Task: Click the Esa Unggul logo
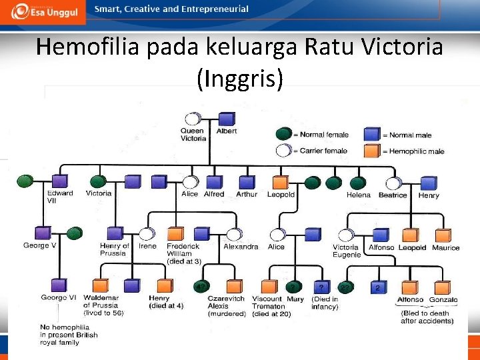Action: coord(44,11)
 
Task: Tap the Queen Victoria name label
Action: coord(193,135)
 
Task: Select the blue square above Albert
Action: coord(227,119)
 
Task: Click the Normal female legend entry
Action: coord(324,135)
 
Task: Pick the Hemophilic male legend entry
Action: coord(413,151)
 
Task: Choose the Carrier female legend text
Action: coord(323,151)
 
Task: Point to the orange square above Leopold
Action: coord(280,182)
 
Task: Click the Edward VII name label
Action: coord(60,197)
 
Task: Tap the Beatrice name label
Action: coord(392,195)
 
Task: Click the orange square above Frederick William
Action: coord(175,234)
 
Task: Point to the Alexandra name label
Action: coord(240,247)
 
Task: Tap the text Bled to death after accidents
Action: coord(427,317)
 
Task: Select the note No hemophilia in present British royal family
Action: coord(68,335)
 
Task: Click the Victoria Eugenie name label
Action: coord(346,251)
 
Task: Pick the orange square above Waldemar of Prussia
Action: coord(100,286)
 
